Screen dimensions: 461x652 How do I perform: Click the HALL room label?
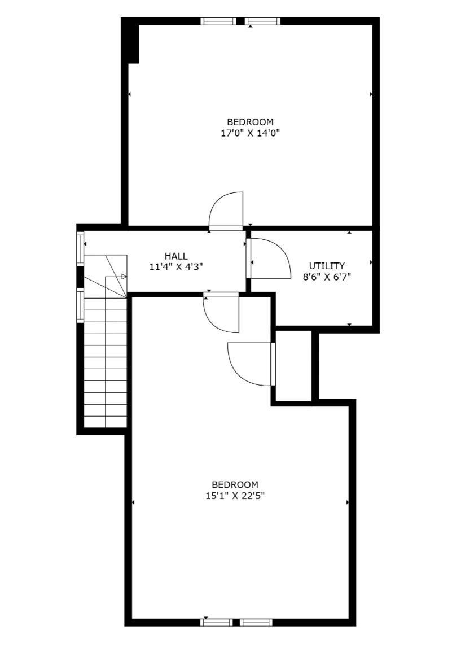coord(176,256)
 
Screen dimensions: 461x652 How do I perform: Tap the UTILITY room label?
coord(327,266)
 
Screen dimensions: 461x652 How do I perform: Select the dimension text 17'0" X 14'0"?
coord(250,133)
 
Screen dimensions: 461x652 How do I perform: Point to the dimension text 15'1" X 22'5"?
coord(235,496)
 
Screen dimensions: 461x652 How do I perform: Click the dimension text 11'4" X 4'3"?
coord(176,267)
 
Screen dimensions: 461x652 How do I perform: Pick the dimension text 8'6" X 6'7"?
coord(327,277)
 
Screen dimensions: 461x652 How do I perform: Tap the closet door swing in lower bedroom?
coord(250,364)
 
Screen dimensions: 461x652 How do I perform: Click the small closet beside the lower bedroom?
coord(294,366)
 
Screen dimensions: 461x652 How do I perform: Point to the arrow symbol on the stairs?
coord(124,277)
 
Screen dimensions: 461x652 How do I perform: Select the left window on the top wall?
coord(219,21)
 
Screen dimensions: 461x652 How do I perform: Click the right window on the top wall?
coord(262,21)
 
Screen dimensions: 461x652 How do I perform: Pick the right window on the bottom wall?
coord(256,634)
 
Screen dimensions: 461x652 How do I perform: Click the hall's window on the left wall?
coord(80,248)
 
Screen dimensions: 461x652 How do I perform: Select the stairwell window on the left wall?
coord(80,305)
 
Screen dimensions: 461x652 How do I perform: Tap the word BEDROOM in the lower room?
coord(235,485)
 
